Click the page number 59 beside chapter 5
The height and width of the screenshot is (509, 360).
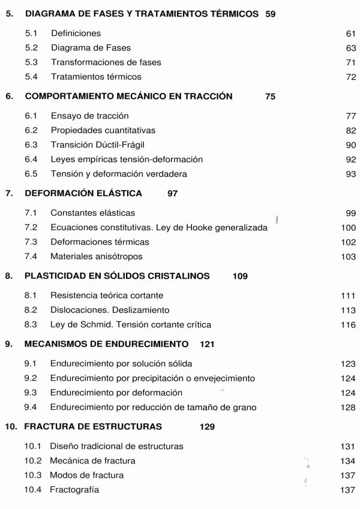point(270,13)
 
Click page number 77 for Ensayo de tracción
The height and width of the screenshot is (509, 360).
point(351,116)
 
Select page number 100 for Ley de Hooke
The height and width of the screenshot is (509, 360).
point(349,228)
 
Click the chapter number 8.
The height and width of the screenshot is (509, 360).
point(8,276)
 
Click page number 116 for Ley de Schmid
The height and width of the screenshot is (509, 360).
point(349,325)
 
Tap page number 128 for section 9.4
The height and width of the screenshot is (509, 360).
point(349,408)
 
